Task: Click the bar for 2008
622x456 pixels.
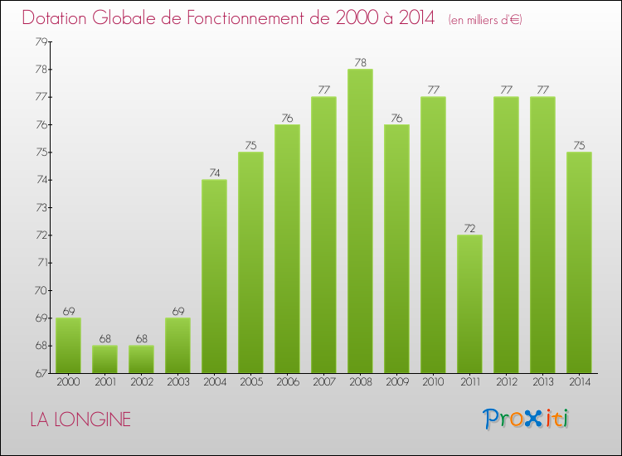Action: coord(360,221)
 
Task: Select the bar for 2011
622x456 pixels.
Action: coord(469,303)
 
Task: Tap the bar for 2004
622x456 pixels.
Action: coord(214,276)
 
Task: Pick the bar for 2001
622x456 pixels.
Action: coord(104,359)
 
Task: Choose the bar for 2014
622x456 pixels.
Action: coord(579,262)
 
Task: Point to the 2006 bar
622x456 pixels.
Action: coord(287,249)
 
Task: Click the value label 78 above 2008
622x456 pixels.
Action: coord(360,62)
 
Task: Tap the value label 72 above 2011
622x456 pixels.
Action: coord(469,228)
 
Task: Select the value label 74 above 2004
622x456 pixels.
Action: coord(214,172)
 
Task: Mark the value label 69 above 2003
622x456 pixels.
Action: coord(177,311)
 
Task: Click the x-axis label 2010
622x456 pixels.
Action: coord(433,383)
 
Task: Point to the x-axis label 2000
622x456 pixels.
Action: coord(68,383)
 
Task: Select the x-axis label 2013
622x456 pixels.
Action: coord(542,383)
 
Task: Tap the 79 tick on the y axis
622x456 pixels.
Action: coord(40,41)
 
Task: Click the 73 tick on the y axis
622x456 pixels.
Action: coord(40,207)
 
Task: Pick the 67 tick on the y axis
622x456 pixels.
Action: coord(40,373)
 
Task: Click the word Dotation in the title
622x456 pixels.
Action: coord(57,17)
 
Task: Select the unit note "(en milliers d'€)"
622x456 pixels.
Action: coord(485,19)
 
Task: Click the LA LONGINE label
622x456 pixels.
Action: coord(80,420)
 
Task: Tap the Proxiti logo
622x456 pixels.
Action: coord(525,419)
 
